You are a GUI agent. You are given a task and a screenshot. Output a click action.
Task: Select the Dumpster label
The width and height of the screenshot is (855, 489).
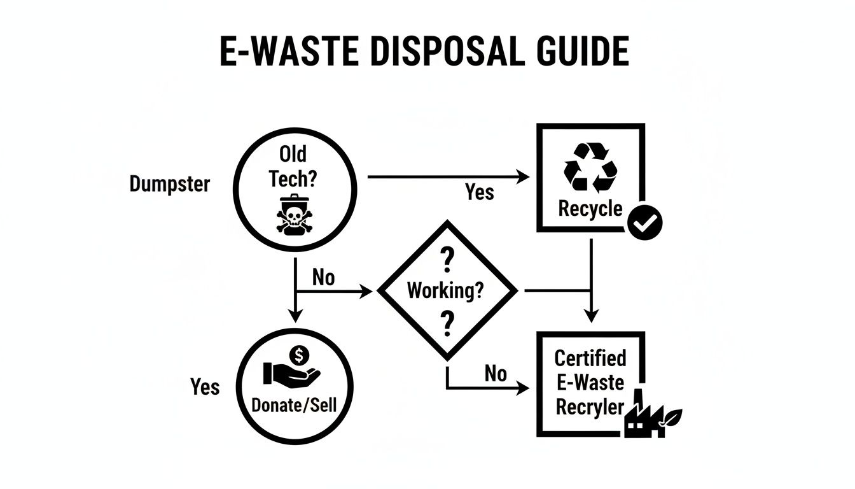click(x=169, y=184)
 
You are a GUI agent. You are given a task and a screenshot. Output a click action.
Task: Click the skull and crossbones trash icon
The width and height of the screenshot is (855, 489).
click(x=293, y=215)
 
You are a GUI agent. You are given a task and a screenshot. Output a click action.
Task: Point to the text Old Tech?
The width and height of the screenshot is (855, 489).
click(x=293, y=166)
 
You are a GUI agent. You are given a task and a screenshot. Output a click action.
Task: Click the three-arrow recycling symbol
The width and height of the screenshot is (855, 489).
click(x=590, y=167)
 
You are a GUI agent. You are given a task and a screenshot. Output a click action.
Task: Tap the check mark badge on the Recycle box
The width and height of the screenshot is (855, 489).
click(x=645, y=222)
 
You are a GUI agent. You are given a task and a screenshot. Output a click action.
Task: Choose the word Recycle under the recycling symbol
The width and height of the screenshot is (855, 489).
click(x=590, y=208)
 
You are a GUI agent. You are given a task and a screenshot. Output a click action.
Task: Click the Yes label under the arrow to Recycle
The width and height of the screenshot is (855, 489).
click(x=478, y=192)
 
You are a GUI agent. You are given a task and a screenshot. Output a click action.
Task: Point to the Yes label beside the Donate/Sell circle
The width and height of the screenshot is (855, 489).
click(x=205, y=386)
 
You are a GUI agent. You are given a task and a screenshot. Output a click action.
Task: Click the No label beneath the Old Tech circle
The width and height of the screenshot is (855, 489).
click(x=323, y=278)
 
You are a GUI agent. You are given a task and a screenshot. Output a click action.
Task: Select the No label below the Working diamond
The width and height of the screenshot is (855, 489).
click(x=495, y=373)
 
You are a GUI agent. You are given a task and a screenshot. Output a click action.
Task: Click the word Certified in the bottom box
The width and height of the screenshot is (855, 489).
click(x=590, y=358)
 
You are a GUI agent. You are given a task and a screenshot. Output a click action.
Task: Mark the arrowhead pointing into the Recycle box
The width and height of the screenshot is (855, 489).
click(x=523, y=178)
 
